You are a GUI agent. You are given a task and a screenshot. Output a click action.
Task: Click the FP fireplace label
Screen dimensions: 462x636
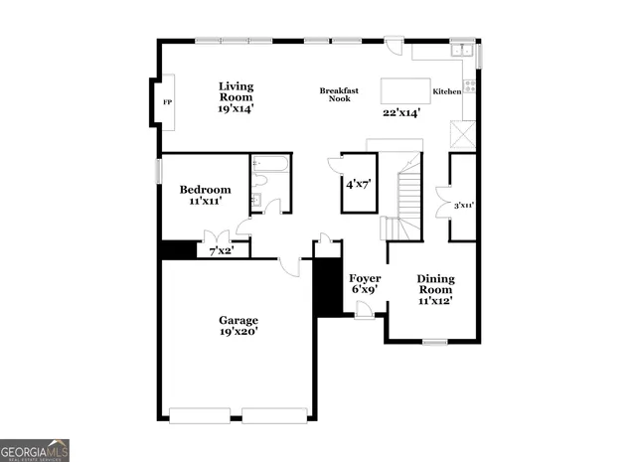pyautogui.click(x=166, y=102)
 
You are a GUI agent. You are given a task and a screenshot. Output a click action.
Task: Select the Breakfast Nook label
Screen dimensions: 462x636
pyautogui.click(x=339, y=94)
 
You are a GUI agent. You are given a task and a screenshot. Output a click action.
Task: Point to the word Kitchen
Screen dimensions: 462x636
pyautogui.click(x=446, y=92)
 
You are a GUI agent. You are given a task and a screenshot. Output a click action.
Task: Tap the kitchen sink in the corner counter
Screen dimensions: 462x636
pyautogui.click(x=461, y=50)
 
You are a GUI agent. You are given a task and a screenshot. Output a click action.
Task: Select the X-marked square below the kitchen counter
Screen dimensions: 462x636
pyautogui.click(x=463, y=132)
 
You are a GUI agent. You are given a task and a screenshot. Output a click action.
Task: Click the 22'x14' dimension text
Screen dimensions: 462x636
pyautogui.click(x=401, y=112)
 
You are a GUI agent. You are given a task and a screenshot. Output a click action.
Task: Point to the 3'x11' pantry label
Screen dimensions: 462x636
pyautogui.click(x=463, y=207)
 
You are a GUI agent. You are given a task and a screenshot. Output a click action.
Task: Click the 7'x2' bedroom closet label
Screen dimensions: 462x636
pyautogui.click(x=221, y=250)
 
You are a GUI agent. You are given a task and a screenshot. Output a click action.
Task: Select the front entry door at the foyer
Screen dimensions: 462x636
pyautogui.click(x=365, y=312)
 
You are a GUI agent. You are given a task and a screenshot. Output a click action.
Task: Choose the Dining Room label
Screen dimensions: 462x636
pyautogui.click(x=435, y=289)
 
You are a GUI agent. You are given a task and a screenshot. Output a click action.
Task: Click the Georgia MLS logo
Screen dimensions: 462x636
pyautogui.click(x=35, y=450)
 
